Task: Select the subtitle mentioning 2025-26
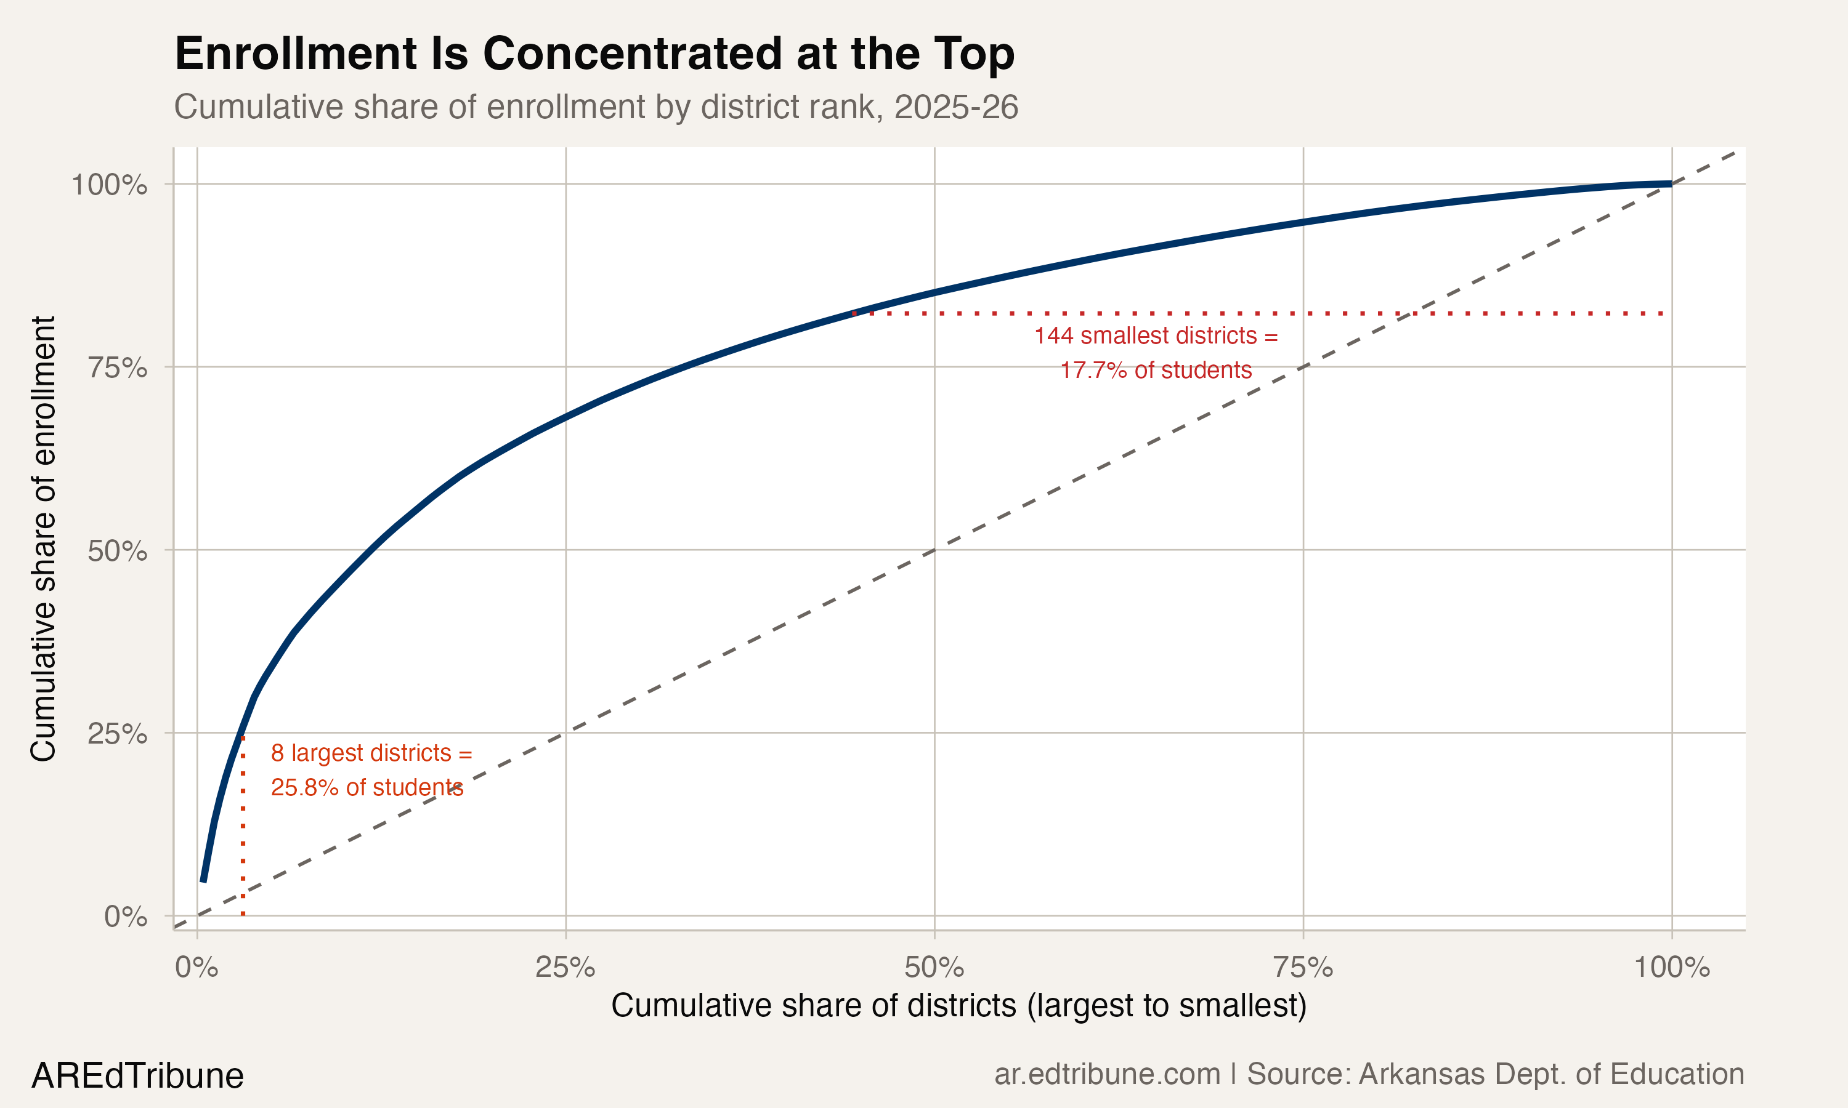pyautogui.click(x=595, y=106)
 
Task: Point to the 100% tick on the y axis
pyautogui.click(x=109, y=185)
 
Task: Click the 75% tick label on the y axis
pyautogui.click(x=117, y=367)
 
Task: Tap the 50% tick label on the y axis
pyautogui.click(x=117, y=551)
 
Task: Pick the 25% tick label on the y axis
pyautogui.click(x=117, y=734)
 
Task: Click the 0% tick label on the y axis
pyautogui.click(x=126, y=917)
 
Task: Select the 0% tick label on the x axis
pyautogui.click(x=197, y=968)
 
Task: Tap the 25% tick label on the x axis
pyautogui.click(x=565, y=968)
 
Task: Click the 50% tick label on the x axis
pyautogui.click(x=934, y=968)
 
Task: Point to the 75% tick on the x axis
pyautogui.click(x=1303, y=968)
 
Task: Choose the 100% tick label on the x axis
pyautogui.click(x=1672, y=968)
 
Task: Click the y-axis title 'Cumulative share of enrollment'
pyautogui.click(x=43, y=539)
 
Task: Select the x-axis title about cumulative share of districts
pyautogui.click(x=959, y=1006)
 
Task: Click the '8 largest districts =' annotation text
pyautogui.click(x=371, y=753)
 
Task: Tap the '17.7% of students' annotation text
pyautogui.click(x=1156, y=371)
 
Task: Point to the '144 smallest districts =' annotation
pyautogui.click(x=1156, y=336)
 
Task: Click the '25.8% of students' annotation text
pyautogui.click(x=367, y=788)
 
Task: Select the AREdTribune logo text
pyautogui.click(x=137, y=1076)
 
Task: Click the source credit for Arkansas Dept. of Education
pyautogui.click(x=1369, y=1074)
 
